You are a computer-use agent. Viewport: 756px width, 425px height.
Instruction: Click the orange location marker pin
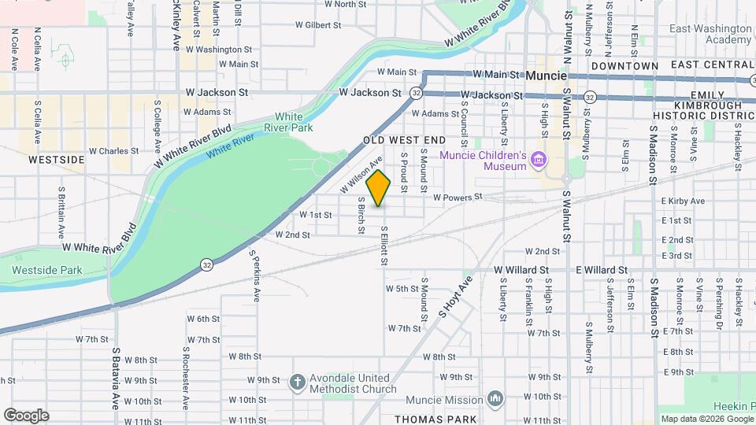(379, 188)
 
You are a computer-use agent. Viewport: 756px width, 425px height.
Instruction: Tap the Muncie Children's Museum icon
(539, 161)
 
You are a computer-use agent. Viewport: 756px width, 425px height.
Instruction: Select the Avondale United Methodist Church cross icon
(297, 382)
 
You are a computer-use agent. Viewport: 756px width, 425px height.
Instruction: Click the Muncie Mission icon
(495, 399)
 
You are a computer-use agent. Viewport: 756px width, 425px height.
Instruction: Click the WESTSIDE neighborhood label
(56, 159)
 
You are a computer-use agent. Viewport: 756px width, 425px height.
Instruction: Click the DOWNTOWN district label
(624, 65)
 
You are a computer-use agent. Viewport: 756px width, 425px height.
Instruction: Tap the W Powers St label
(457, 197)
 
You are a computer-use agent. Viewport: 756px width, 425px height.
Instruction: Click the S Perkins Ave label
(255, 276)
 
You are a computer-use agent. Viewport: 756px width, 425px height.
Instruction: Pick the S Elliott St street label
(384, 246)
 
